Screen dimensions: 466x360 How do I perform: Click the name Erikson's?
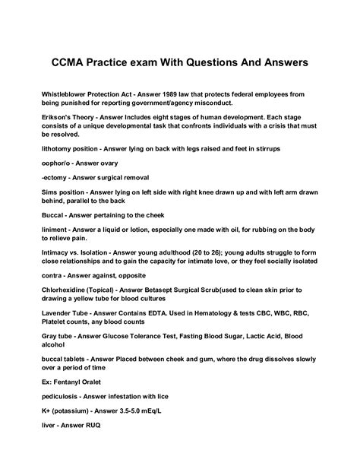[x=61, y=119]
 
